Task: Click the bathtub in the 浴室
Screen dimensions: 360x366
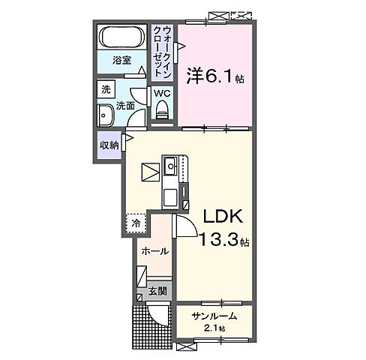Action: [x=121, y=38]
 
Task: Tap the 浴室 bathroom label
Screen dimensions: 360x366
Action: [x=122, y=61]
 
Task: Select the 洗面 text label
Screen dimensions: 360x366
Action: [x=125, y=106]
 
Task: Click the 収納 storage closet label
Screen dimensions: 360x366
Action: [x=109, y=145]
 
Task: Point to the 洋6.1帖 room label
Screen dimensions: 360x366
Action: [x=215, y=76]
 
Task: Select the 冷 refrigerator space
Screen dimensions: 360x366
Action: [x=136, y=223]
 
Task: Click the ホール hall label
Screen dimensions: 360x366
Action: [x=154, y=251]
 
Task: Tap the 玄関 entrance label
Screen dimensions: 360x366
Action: [x=155, y=290]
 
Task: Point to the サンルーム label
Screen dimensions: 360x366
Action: [x=213, y=315]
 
